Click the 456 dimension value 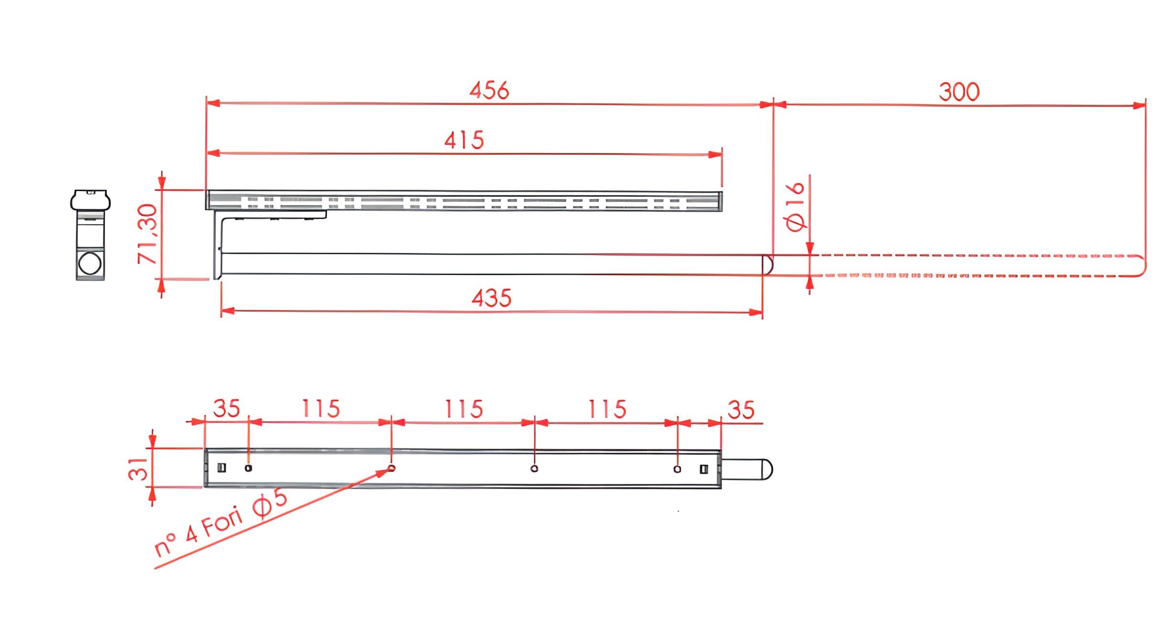(489, 90)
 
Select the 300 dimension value (959, 92)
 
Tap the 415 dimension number (464, 140)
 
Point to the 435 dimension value (491, 298)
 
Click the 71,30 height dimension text (147, 234)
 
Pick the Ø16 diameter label (796, 207)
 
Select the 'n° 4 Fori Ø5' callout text (221, 523)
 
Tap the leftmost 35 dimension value (226, 408)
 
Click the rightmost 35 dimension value (741, 410)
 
